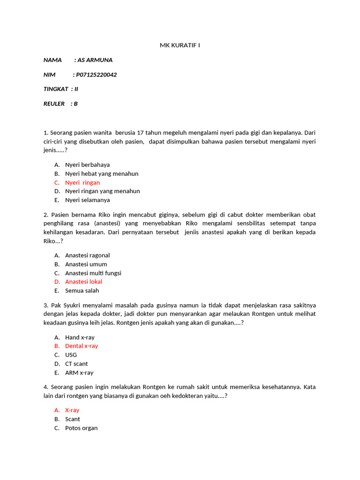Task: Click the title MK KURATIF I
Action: [x=180, y=45]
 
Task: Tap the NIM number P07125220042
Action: [x=97, y=75]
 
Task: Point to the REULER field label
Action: [x=54, y=104]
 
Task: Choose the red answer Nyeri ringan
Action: [x=82, y=182]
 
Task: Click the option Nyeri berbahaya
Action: [x=87, y=165]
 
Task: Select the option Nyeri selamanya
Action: [x=87, y=200]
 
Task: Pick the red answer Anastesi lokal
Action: [x=83, y=282]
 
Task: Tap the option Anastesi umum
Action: [x=86, y=264]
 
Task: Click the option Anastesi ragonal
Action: [x=87, y=255]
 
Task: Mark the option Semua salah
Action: [x=82, y=291]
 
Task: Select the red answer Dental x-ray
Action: [x=82, y=346]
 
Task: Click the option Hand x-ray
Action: [x=80, y=337]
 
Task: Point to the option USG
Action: [x=71, y=355]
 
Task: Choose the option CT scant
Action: [x=76, y=364]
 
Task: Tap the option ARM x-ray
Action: [x=79, y=373]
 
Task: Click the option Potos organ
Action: [x=81, y=428]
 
